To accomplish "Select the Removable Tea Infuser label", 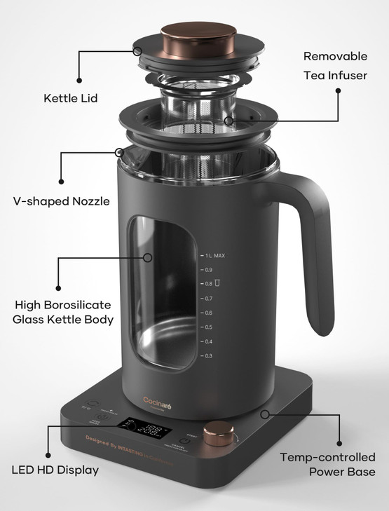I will click(x=335, y=64).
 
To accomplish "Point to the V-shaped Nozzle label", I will click(x=62, y=201).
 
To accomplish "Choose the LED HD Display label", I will click(x=55, y=469).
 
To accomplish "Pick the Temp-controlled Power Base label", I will click(x=327, y=464).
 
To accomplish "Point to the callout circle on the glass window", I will click(x=148, y=257).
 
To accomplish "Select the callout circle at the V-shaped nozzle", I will click(x=121, y=151).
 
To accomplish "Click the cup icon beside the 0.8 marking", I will click(x=218, y=283).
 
